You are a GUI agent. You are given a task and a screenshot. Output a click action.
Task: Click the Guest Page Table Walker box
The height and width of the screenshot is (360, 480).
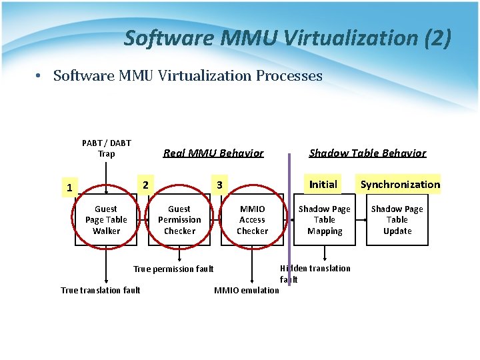click(x=106, y=220)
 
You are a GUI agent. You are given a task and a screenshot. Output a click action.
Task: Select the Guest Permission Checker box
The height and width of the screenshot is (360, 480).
click(x=179, y=220)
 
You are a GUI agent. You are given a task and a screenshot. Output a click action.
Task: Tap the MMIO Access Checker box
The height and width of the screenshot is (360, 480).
click(x=252, y=220)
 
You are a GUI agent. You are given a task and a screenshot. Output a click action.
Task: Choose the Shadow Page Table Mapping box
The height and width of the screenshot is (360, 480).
click(x=325, y=220)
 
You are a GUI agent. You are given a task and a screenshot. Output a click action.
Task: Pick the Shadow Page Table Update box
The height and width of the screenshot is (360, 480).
click(x=397, y=220)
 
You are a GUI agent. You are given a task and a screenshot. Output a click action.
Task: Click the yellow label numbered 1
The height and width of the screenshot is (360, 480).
click(x=69, y=187)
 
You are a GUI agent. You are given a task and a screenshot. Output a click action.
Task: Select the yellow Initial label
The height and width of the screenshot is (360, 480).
click(x=323, y=184)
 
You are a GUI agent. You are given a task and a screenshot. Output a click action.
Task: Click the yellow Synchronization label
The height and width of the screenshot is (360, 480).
click(x=400, y=184)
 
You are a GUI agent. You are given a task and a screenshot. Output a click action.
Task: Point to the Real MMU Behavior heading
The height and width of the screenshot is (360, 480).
click(x=213, y=153)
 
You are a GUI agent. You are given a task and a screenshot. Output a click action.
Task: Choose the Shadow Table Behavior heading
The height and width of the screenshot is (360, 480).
click(x=367, y=153)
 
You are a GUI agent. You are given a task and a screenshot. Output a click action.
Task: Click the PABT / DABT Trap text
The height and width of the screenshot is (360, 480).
click(x=107, y=148)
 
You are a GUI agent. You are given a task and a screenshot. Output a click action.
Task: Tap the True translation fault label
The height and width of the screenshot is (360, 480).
click(x=101, y=290)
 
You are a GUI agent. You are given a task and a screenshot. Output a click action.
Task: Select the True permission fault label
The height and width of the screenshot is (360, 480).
click(x=173, y=269)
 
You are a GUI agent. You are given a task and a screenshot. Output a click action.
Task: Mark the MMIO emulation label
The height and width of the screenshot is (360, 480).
click(x=247, y=290)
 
